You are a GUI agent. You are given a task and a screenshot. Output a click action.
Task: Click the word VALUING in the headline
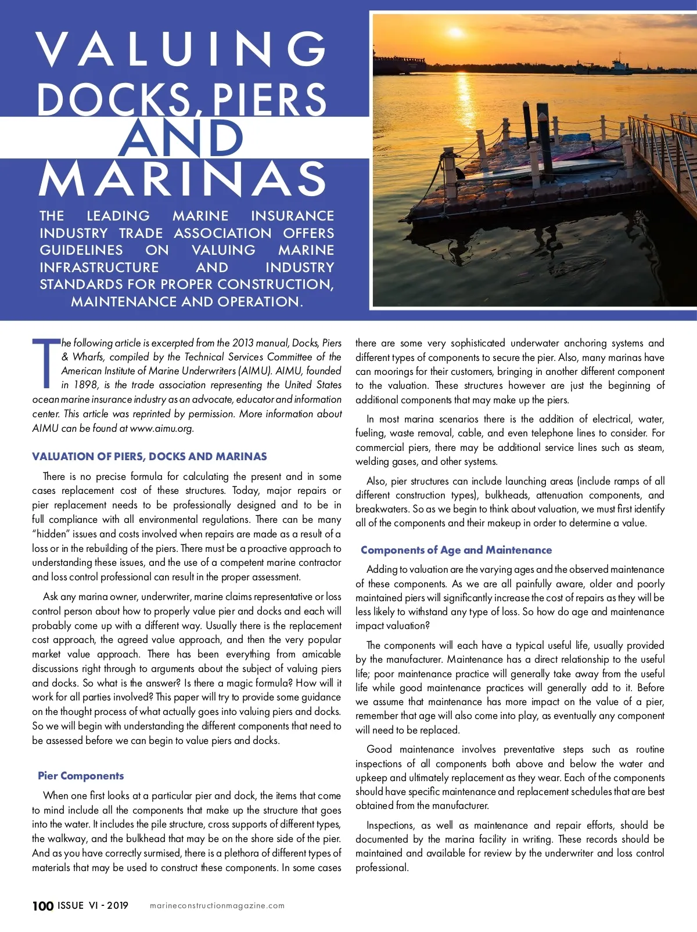(x=182, y=49)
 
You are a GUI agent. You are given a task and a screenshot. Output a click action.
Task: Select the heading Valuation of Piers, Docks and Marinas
(x=149, y=457)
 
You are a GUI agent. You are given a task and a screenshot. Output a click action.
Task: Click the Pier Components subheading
(x=81, y=776)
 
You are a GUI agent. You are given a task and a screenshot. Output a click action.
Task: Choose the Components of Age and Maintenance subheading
(x=456, y=550)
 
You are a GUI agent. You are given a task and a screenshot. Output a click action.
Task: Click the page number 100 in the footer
(x=43, y=906)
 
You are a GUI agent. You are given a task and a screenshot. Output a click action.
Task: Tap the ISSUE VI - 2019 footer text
(x=93, y=905)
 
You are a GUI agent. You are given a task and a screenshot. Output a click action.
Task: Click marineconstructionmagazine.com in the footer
(x=217, y=906)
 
